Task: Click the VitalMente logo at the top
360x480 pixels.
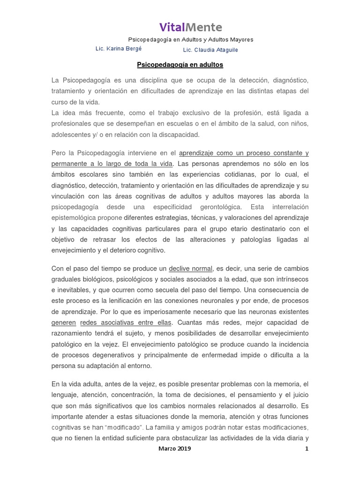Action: (191, 27)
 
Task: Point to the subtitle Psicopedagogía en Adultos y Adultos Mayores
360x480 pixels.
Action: (191, 40)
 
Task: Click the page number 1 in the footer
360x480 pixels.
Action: (307, 449)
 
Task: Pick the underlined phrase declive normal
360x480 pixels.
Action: (190, 269)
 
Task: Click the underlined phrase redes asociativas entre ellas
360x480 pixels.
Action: (126, 322)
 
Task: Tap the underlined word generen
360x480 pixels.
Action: (64, 322)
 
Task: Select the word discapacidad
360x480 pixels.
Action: (180, 135)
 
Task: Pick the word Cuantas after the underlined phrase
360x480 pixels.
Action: (190, 322)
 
